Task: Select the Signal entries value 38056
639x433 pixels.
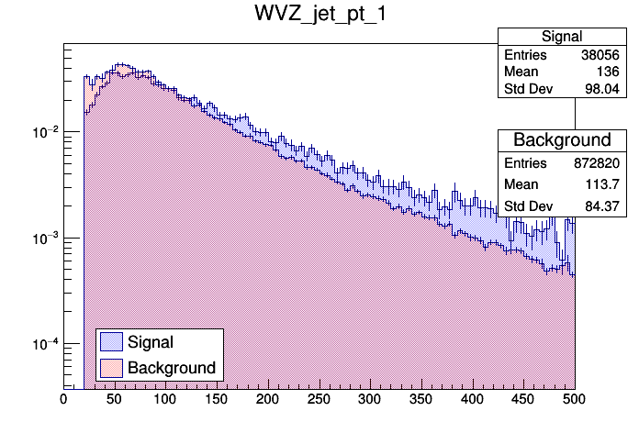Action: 603,55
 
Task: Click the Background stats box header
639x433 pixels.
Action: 561,140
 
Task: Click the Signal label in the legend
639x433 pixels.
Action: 151,342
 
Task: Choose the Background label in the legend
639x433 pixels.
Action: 171,368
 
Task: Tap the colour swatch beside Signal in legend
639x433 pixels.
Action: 110,342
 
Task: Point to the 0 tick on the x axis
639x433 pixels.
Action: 63,399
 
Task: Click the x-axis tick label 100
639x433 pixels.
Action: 165,399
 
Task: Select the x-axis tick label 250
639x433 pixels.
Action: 319,399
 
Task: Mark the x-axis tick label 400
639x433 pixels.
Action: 472,399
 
